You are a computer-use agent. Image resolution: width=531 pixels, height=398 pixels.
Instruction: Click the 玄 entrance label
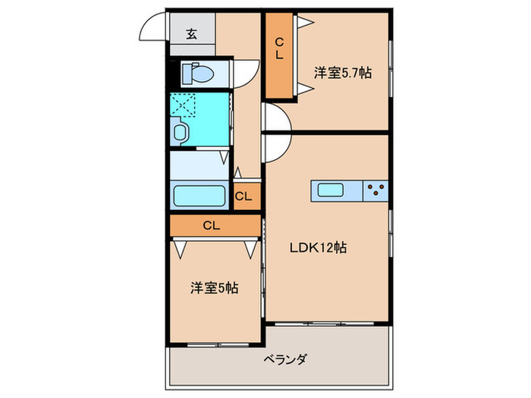tap(191, 33)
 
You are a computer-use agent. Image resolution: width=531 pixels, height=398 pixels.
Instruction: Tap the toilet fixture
tap(199, 74)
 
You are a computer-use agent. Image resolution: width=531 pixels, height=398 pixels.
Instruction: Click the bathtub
tap(200, 196)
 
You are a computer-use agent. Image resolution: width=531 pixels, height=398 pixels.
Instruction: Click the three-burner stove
tap(375, 191)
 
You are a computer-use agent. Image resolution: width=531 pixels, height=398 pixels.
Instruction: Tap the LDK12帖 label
tap(317, 247)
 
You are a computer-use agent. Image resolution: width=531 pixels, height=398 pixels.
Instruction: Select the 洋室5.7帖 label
tap(343, 74)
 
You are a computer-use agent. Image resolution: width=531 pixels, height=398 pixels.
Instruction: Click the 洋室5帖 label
tap(215, 288)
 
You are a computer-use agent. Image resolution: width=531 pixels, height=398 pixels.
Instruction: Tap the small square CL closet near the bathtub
tap(244, 198)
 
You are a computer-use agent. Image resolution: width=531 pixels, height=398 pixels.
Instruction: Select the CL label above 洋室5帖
tap(212, 225)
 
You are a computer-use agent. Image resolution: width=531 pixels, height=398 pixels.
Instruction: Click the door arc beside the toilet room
tap(244, 74)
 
